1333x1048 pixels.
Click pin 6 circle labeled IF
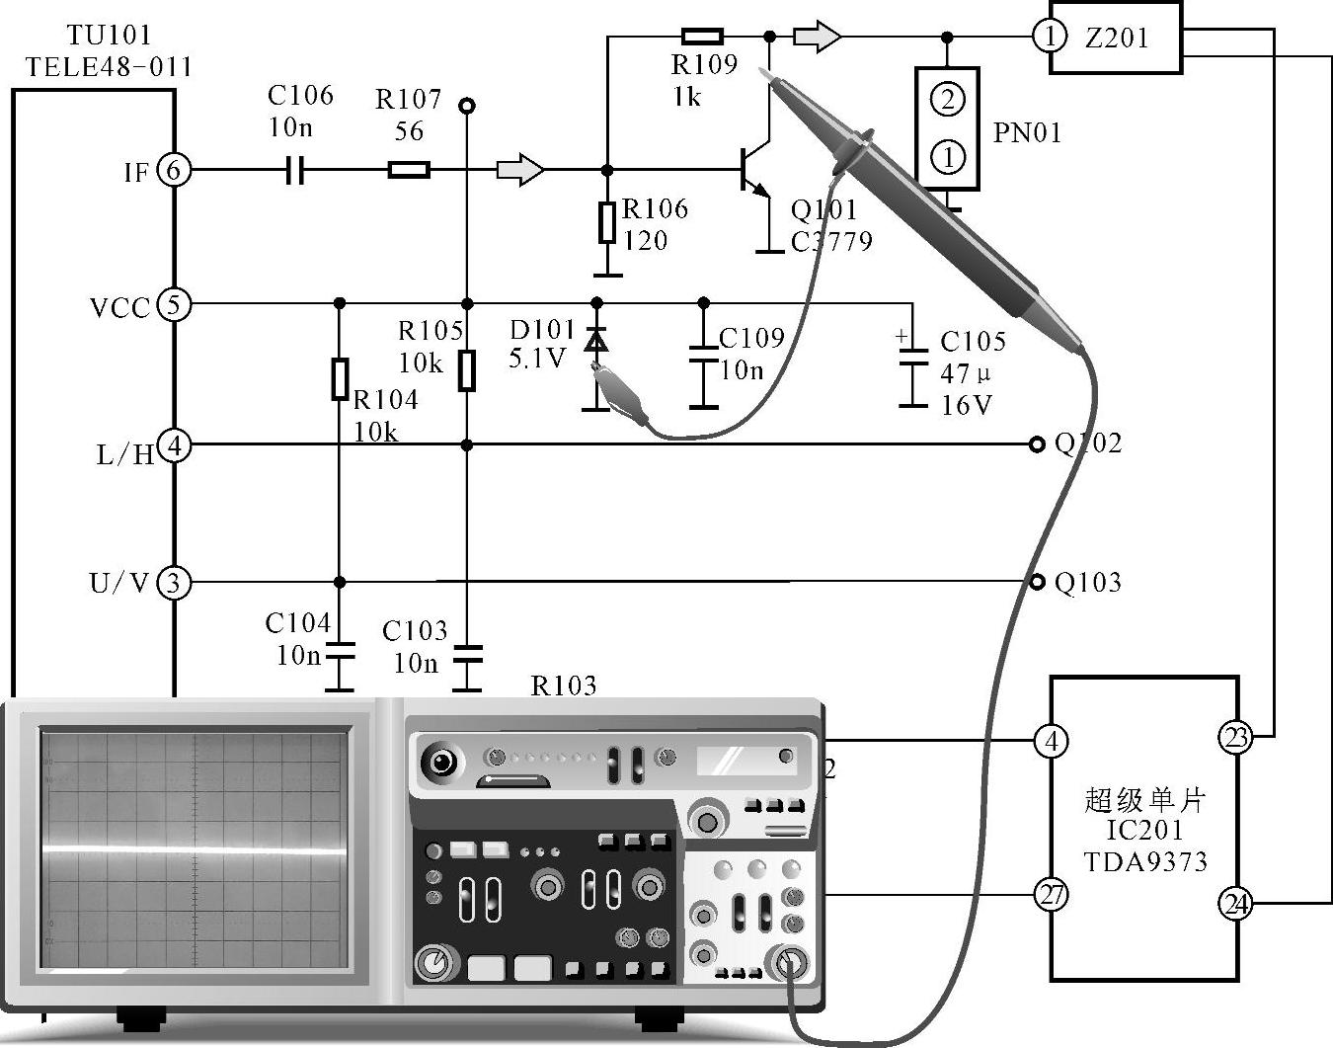tap(174, 170)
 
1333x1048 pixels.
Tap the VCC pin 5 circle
tap(174, 304)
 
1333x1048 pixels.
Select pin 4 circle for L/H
tap(174, 445)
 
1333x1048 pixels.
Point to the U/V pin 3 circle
tap(174, 583)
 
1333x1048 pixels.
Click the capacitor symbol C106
tap(294, 170)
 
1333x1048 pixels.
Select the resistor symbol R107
tap(409, 170)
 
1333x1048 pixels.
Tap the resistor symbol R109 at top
tap(702, 38)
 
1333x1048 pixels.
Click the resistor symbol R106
tap(607, 222)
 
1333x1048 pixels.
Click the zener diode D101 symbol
tap(595, 341)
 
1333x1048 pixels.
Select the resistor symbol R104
tap(340, 379)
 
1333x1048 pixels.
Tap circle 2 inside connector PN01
tap(948, 99)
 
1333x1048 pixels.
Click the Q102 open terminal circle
tap(1037, 444)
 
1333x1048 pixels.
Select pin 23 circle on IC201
tap(1235, 737)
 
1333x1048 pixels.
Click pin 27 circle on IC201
tap(1052, 895)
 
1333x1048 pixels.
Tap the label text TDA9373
tap(1145, 861)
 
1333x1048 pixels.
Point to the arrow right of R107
tap(519, 170)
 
